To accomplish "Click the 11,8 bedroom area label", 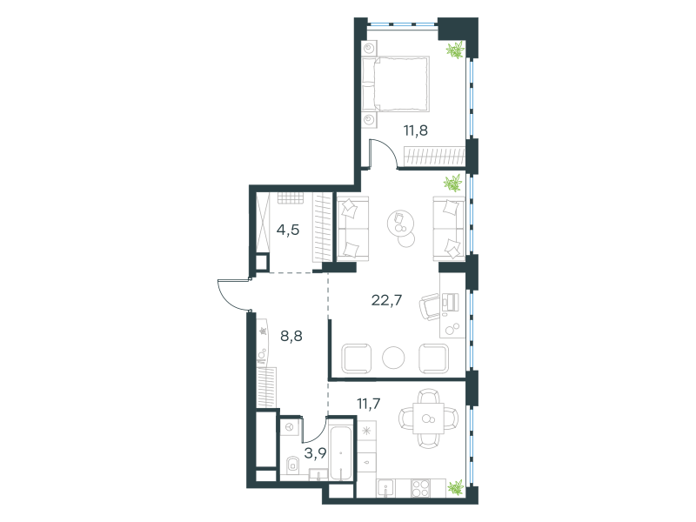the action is [416, 130].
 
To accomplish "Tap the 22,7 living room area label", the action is [386, 300].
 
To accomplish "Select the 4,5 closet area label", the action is [288, 230].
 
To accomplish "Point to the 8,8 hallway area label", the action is [291, 336].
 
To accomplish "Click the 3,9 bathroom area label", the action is [315, 453].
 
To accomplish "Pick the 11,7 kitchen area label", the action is [368, 404].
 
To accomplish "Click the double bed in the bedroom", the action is [396, 84].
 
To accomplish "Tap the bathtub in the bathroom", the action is [340, 450].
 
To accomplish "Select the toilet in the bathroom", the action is [292, 465].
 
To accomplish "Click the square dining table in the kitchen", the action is [428, 418].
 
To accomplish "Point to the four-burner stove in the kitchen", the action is [420, 488].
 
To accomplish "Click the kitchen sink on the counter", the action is [386, 488].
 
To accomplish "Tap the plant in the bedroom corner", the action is [455, 50].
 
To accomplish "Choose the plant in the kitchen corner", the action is [455, 487].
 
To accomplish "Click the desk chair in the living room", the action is [429, 307].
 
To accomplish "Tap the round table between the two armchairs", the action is [394, 358].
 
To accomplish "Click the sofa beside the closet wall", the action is [353, 228].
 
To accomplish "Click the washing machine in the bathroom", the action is [291, 427].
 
